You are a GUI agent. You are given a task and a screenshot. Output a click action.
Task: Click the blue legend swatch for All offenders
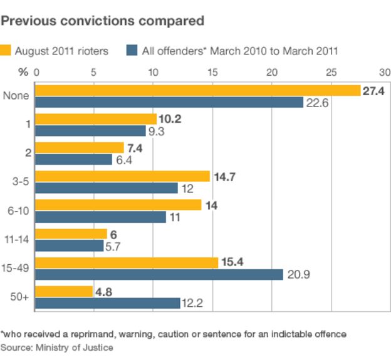click(132, 50)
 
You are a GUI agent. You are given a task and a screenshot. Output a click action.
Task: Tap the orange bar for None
click(197, 90)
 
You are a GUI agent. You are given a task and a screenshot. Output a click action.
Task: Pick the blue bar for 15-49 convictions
click(159, 274)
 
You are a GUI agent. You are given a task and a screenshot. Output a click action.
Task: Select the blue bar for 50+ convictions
click(107, 303)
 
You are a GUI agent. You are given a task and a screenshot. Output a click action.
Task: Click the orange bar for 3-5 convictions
click(122, 176)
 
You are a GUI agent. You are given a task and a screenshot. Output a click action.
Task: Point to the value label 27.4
click(373, 91)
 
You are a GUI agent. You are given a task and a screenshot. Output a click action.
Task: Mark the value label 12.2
click(192, 303)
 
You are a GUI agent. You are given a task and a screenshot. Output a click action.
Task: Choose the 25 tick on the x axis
click(331, 72)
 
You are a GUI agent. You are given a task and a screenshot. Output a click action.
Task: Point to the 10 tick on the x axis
click(153, 72)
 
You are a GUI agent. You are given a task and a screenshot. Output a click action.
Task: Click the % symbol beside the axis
click(23, 72)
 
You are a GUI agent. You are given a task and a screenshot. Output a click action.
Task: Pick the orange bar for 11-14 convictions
click(71, 234)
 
